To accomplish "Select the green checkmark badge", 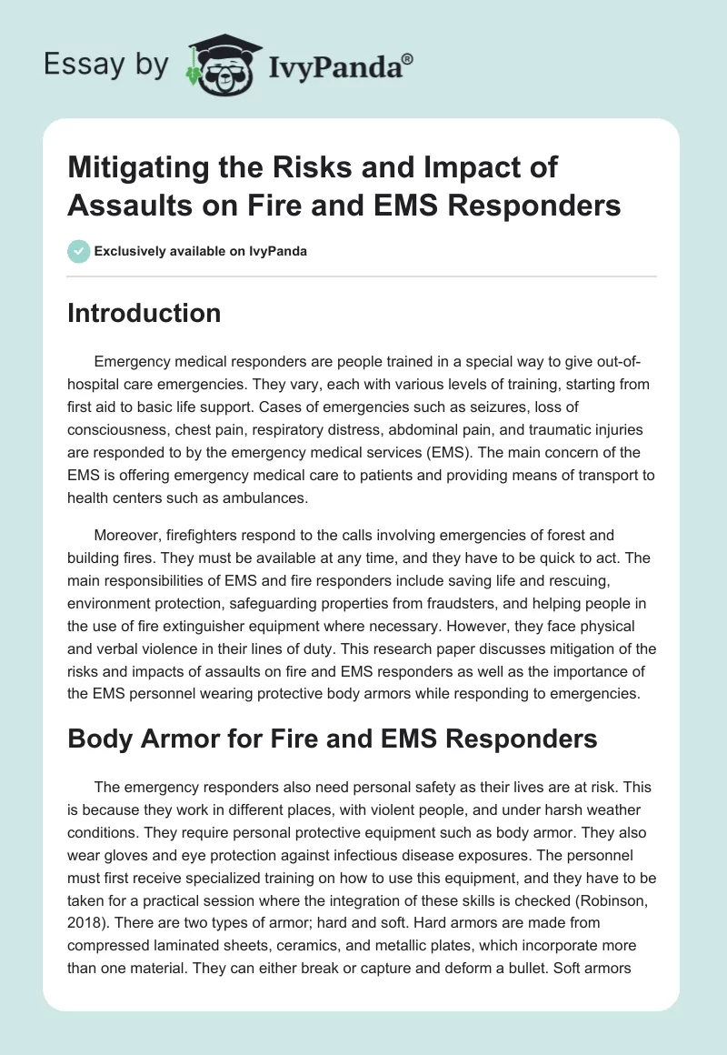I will [79, 251].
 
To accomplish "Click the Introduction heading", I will [144, 313].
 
